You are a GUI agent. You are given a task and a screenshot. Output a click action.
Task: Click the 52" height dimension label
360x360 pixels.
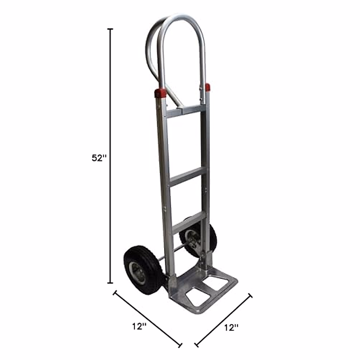tap(99, 158)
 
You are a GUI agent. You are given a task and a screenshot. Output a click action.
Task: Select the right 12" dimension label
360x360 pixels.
tap(231, 328)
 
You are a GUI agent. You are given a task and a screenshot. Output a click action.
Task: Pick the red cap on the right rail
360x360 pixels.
tap(207, 87)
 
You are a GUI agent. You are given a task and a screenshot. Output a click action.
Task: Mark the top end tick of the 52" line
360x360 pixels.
tap(111, 29)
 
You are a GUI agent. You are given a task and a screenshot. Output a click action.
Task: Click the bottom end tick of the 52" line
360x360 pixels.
tap(111, 283)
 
